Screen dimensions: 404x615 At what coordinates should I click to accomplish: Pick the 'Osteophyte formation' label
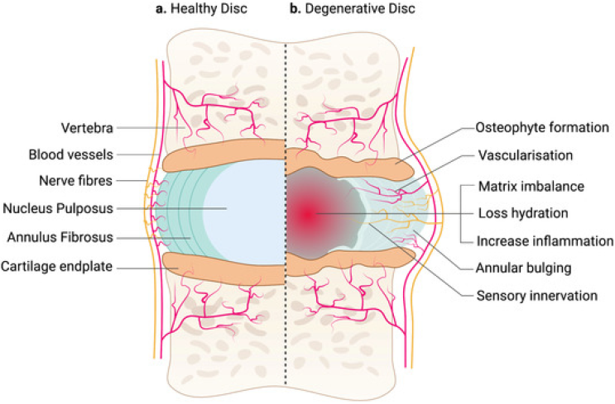(x=542, y=128)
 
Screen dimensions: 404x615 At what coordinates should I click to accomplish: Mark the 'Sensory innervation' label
(x=536, y=294)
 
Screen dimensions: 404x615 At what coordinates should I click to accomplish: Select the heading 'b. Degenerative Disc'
(x=353, y=10)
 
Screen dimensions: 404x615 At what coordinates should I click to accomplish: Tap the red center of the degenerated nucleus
(x=307, y=214)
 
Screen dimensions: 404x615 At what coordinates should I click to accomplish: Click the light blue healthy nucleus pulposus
(x=248, y=207)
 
